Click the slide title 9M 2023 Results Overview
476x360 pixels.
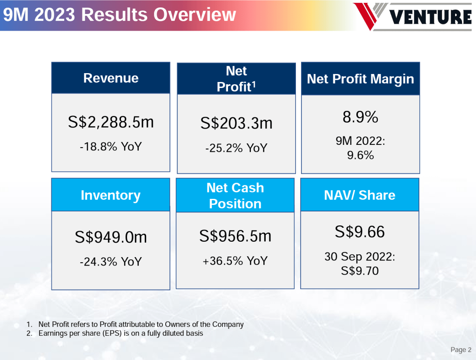(x=119, y=15)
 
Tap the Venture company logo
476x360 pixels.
(x=413, y=16)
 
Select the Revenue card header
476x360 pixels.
(x=111, y=78)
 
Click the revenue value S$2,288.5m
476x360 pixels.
(x=111, y=122)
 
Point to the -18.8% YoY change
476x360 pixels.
(x=111, y=147)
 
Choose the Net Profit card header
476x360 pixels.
(x=236, y=79)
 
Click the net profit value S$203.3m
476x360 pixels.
(x=236, y=123)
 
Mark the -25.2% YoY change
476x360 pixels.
(x=236, y=148)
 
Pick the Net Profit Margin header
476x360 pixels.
(x=361, y=79)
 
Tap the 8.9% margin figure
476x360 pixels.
(x=361, y=117)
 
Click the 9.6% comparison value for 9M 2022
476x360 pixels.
(x=361, y=156)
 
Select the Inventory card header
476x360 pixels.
(x=111, y=195)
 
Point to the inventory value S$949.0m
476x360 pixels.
(x=111, y=238)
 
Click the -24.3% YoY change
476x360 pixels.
(x=111, y=262)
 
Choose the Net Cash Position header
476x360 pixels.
(x=235, y=196)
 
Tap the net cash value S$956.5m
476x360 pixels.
(x=235, y=236)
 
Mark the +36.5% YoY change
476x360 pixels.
(x=235, y=261)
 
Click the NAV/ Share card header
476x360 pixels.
(x=360, y=195)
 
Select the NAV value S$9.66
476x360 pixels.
(x=360, y=231)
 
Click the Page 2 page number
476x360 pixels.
(x=461, y=350)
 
